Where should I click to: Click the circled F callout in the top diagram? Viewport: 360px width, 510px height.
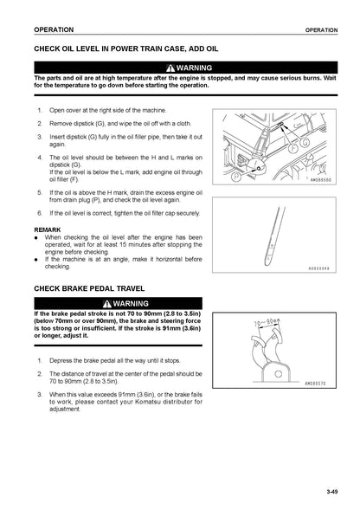(293, 148)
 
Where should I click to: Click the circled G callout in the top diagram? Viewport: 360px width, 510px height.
(305, 143)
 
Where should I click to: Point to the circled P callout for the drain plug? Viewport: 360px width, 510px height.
(235, 177)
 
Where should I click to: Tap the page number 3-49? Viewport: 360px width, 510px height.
(332, 491)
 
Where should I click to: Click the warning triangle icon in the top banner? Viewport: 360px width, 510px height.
(170, 68)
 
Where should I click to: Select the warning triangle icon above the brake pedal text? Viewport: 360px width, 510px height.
(107, 304)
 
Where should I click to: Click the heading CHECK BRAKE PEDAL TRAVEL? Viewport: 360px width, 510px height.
(89, 288)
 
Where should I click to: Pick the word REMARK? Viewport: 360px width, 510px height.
(48, 229)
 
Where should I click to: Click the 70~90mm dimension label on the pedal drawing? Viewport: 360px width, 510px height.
(267, 323)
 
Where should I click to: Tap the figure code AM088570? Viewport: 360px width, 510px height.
(315, 384)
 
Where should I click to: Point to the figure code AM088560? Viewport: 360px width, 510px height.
(321, 179)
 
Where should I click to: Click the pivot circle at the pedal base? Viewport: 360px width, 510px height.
(279, 374)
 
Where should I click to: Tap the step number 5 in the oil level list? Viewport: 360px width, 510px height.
(40, 192)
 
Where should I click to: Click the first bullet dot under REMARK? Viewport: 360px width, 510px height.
(36, 238)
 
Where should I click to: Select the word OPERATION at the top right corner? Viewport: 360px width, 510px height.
(321, 30)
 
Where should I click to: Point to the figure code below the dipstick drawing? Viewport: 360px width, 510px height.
(318, 268)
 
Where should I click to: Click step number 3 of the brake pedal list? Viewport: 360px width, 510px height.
(40, 395)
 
